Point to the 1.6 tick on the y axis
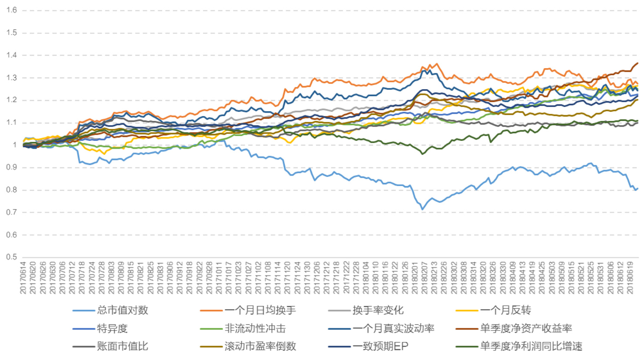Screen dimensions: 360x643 pos(12,10)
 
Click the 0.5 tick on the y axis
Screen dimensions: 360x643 pos(12,257)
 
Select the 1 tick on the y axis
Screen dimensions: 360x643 pos(15,145)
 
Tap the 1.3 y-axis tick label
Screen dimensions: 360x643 pos(12,78)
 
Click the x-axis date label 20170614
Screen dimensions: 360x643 pos(23,277)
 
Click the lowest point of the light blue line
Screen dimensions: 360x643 pos(422,210)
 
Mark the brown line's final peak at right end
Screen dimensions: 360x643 pos(637,63)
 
